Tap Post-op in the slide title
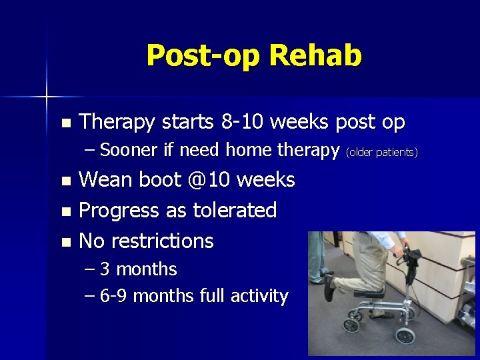click(203, 56)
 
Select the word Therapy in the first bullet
click(117, 122)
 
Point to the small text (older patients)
click(382, 153)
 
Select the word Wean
click(106, 180)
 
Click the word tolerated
click(235, 211)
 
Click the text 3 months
click(138, 270)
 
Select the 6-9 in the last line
click(113, 296)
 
